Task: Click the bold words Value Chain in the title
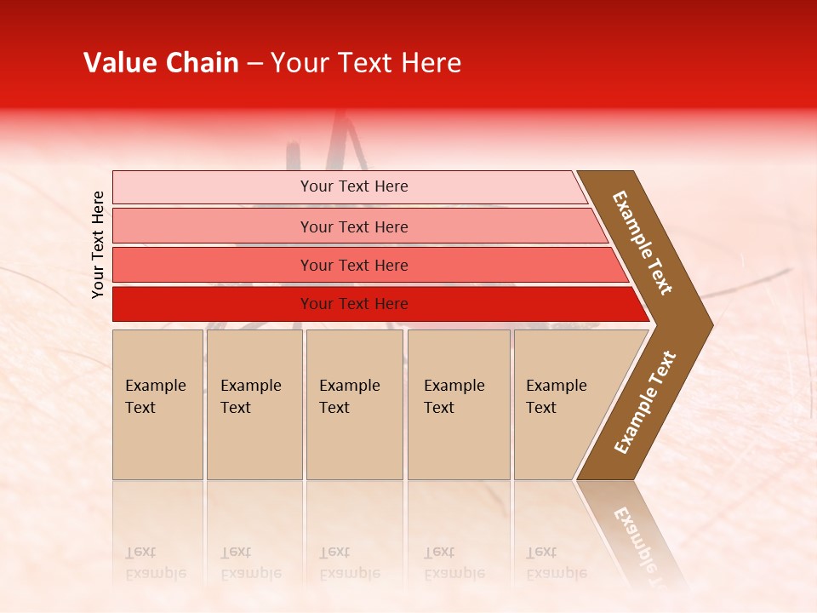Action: tap(161, 63)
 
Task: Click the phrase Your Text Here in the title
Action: tap(366, 63)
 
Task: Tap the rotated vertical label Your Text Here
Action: tap(98, 244)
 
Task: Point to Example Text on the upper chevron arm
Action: tap(643, 243)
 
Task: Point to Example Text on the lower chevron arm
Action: tap(645, 403)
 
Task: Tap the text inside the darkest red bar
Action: tap(354, 304)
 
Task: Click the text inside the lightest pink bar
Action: tap(354, 186)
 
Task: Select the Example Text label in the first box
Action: tap(155, 396)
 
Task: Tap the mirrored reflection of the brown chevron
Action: tap(634, 536)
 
